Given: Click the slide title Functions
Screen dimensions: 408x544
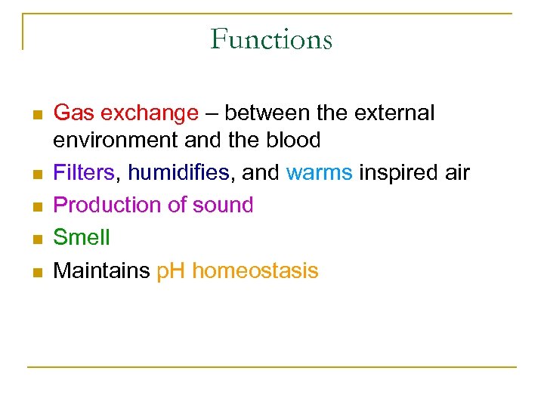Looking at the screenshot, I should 271,39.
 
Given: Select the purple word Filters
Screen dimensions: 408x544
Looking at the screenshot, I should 83,172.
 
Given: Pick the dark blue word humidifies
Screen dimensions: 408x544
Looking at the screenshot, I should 178,172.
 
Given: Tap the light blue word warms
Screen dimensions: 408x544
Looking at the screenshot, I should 319,172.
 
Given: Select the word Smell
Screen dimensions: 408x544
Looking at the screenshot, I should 82,237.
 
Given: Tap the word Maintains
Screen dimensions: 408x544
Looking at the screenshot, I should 101,270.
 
